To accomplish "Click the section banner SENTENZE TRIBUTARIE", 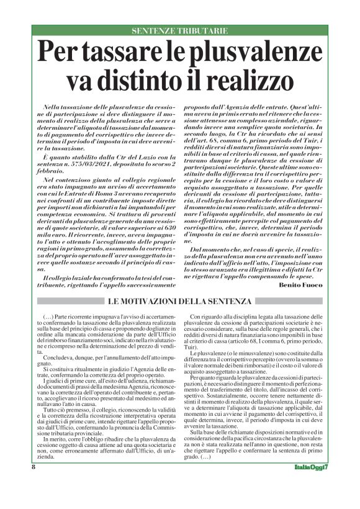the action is [180, 30].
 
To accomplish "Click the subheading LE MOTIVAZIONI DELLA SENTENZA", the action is [180, 302].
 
